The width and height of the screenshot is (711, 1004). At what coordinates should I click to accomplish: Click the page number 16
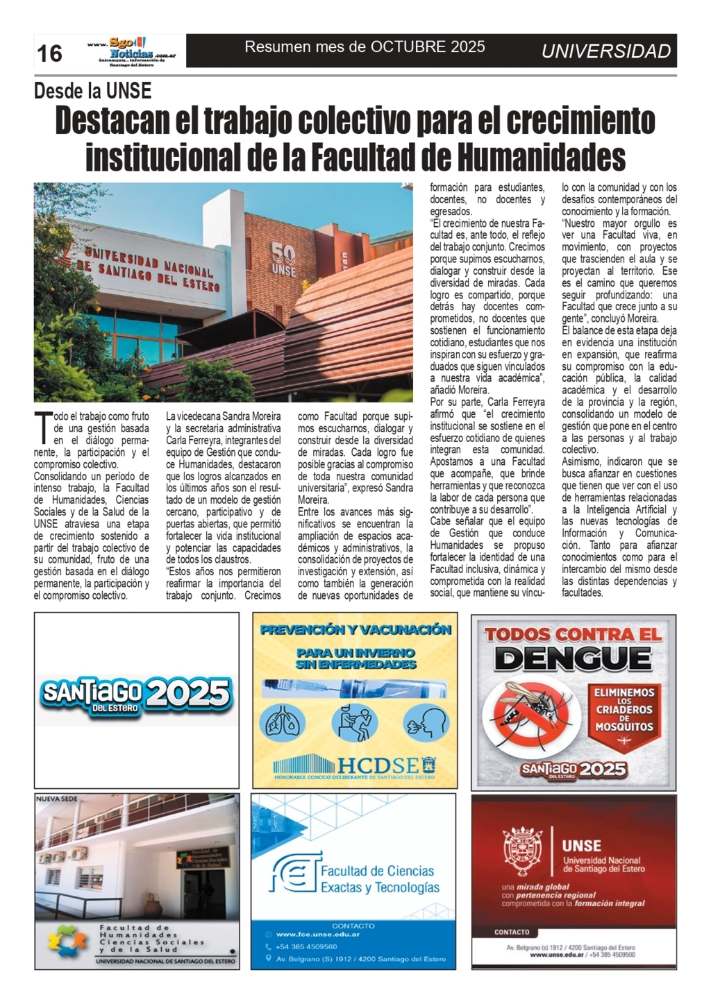click(x=49, y=53)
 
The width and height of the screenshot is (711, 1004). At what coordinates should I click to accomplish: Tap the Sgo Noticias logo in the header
click(x=132, y=51)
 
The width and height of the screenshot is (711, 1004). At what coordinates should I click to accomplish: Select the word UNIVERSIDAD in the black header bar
click(x=605, y=51)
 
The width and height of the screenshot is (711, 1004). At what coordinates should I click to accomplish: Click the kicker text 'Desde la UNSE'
click(x=92, y=91)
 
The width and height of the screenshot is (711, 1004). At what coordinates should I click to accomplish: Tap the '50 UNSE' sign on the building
click(x=283, y=259)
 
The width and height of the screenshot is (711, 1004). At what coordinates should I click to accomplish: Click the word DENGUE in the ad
click(x=573, y=658)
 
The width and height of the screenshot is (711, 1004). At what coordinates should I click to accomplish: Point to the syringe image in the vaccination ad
click(x=354, y=688)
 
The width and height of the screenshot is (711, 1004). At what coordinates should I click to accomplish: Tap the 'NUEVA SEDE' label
click(x=57, y=799)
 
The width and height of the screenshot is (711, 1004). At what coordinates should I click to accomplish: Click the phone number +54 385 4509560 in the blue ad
click(x=306, y=946)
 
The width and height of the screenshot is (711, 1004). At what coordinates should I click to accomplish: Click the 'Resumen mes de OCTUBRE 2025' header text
click(x=365, y=47)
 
